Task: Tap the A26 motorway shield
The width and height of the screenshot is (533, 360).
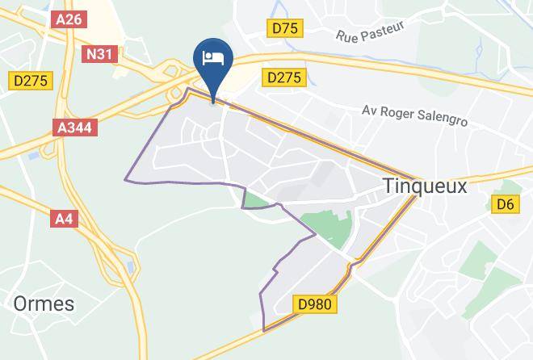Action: click(x=69, y=21)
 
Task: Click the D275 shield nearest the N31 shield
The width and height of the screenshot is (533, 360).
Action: click(x=31, y=80)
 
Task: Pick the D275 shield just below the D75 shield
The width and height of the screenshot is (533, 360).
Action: click(x=283, y=77)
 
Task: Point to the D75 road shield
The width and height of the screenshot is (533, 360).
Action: click(x=285, y=29)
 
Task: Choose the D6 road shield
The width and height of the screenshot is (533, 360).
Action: click(x=505, y=205)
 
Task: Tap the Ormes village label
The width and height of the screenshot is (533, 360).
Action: click(x=43, y=304)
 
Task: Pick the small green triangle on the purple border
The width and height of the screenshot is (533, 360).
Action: click(x=255, y=199)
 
